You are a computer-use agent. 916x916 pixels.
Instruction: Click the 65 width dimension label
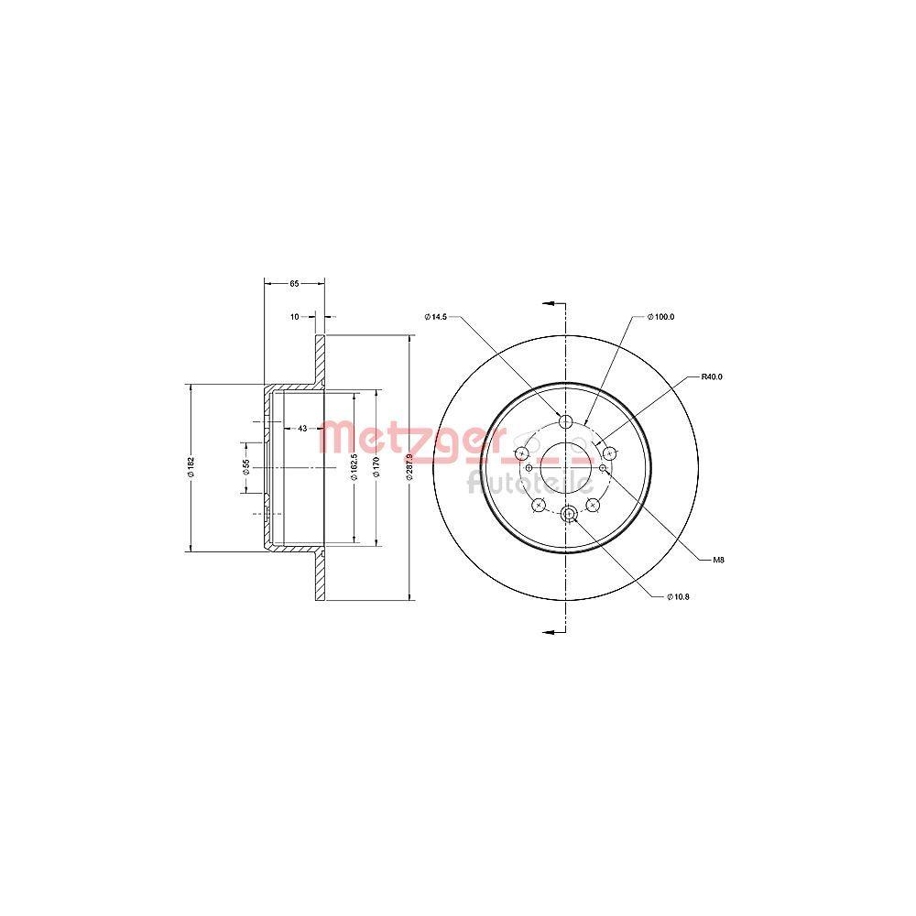coord(294,284)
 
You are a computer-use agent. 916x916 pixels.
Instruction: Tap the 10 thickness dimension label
coord(294,316)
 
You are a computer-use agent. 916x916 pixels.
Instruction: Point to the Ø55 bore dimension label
coord(245,467)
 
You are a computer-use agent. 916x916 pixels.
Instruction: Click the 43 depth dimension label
coord(301,428)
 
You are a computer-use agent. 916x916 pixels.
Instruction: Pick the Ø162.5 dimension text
coord(354,467)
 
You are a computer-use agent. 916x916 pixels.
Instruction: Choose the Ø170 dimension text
coord(376,467)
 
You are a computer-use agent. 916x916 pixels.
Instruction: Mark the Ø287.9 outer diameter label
coord(409,467)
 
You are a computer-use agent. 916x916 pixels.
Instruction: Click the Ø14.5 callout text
coord(435,317)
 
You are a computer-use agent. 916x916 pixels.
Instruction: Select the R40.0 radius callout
coord(713,376)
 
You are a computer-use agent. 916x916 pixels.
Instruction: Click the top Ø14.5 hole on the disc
coord(565,420)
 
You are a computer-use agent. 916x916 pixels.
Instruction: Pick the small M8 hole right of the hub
coord(602,467)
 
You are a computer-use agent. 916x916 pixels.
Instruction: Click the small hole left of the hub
coord(529,467)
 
